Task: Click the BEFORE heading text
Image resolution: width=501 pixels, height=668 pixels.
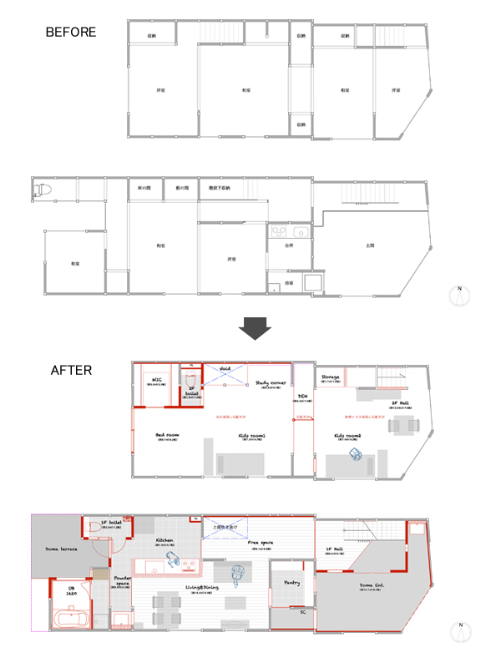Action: [x=71, y=33]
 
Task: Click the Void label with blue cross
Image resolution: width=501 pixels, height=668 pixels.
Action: [x=225, y=368]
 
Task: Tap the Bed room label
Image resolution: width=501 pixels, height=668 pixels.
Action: [x=167, y=435]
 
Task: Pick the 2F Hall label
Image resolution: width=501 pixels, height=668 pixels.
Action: [x=401, y=403]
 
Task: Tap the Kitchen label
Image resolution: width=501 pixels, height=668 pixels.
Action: [x=164, y=540]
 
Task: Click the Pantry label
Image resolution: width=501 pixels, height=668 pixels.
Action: [x=291, y=582]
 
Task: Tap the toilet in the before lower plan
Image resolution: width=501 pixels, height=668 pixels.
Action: [x=38, y=190]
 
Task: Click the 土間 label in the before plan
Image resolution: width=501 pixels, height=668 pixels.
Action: [x=370, y=245]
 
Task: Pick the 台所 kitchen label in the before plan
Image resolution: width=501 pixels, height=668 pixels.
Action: [x=290, y=246]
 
